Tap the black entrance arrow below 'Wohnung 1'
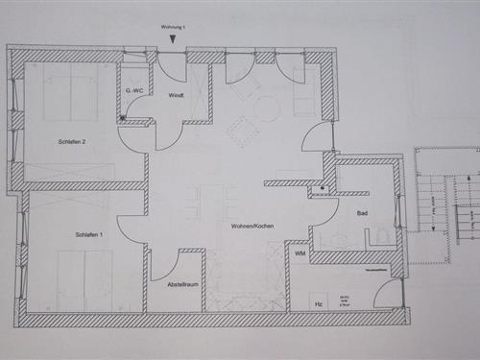(x=172, y=39)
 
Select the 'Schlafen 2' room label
(x=71, y=142)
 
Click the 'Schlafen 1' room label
(x=88, y=234)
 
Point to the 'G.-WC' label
(x=133, y=90)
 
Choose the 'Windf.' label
(x=176, y=95)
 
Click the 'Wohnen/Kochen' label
(x=251, y=226)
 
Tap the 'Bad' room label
(x=362, y=213)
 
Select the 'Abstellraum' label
(x=181, y=284)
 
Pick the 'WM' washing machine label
(x=300, y=253)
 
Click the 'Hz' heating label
(x=319, y=303)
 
